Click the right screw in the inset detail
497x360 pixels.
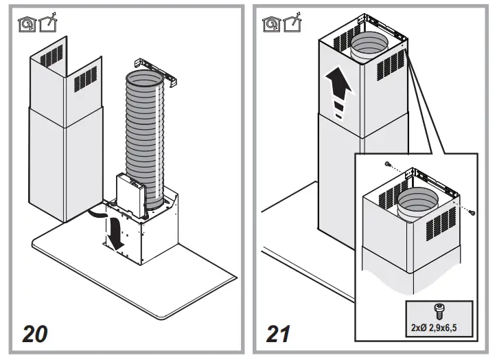tap(472, 215)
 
